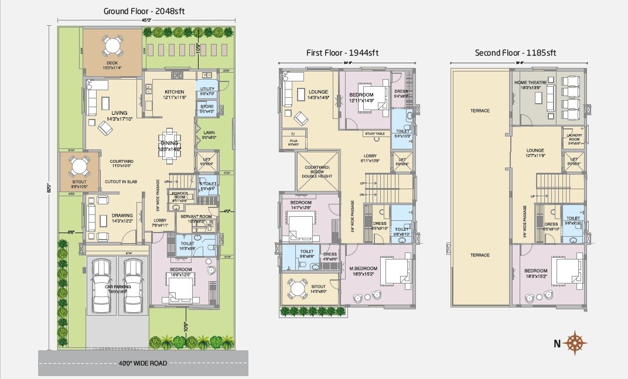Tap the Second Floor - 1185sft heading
click(x=516, y=53)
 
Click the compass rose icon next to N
click(x=578, y=343)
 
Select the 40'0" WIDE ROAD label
click(x=143, y=363)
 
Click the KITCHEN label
click(x=174, y=92)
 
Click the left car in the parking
click(x=101, y=282)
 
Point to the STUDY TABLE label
click(x=375, y=134)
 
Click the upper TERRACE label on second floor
click(x=480, y=110)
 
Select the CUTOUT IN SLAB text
click(x=121, y=182)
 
